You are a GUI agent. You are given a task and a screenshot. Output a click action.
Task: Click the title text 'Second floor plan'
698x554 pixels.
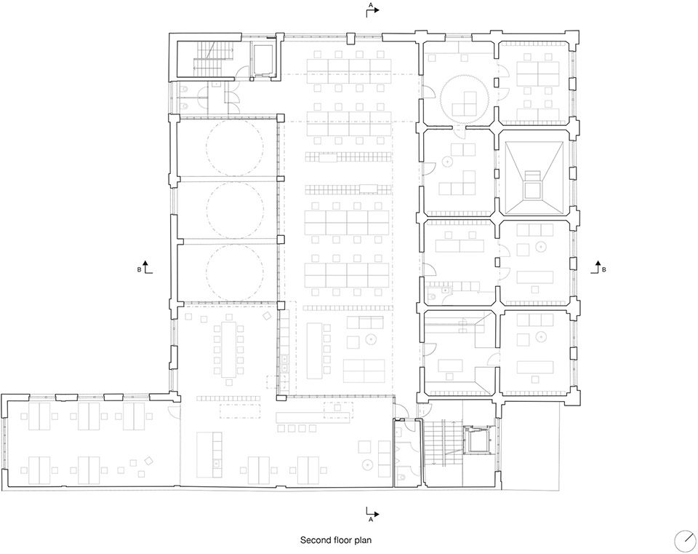(336, 540)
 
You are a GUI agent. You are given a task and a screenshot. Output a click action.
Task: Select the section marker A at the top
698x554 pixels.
(372, 9)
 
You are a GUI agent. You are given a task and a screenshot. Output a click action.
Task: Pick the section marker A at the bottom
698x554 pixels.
(372, 514)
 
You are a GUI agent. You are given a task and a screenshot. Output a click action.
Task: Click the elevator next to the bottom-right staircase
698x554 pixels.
(476, 440)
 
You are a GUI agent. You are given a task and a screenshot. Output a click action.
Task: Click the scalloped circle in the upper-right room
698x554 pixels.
(465, 99)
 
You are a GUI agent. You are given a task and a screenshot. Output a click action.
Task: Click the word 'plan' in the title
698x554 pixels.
(364, 540)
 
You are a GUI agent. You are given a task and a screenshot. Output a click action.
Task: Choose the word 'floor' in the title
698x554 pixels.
(343, 540)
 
